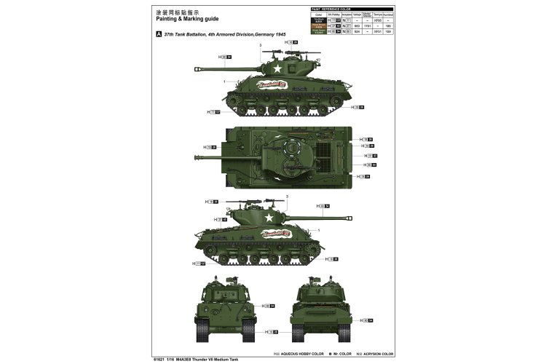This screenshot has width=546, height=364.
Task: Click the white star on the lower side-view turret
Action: pyautogui.click(x=269, y=217)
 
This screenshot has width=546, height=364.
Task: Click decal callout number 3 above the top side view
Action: pyautogui.click(x=260, y=45)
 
